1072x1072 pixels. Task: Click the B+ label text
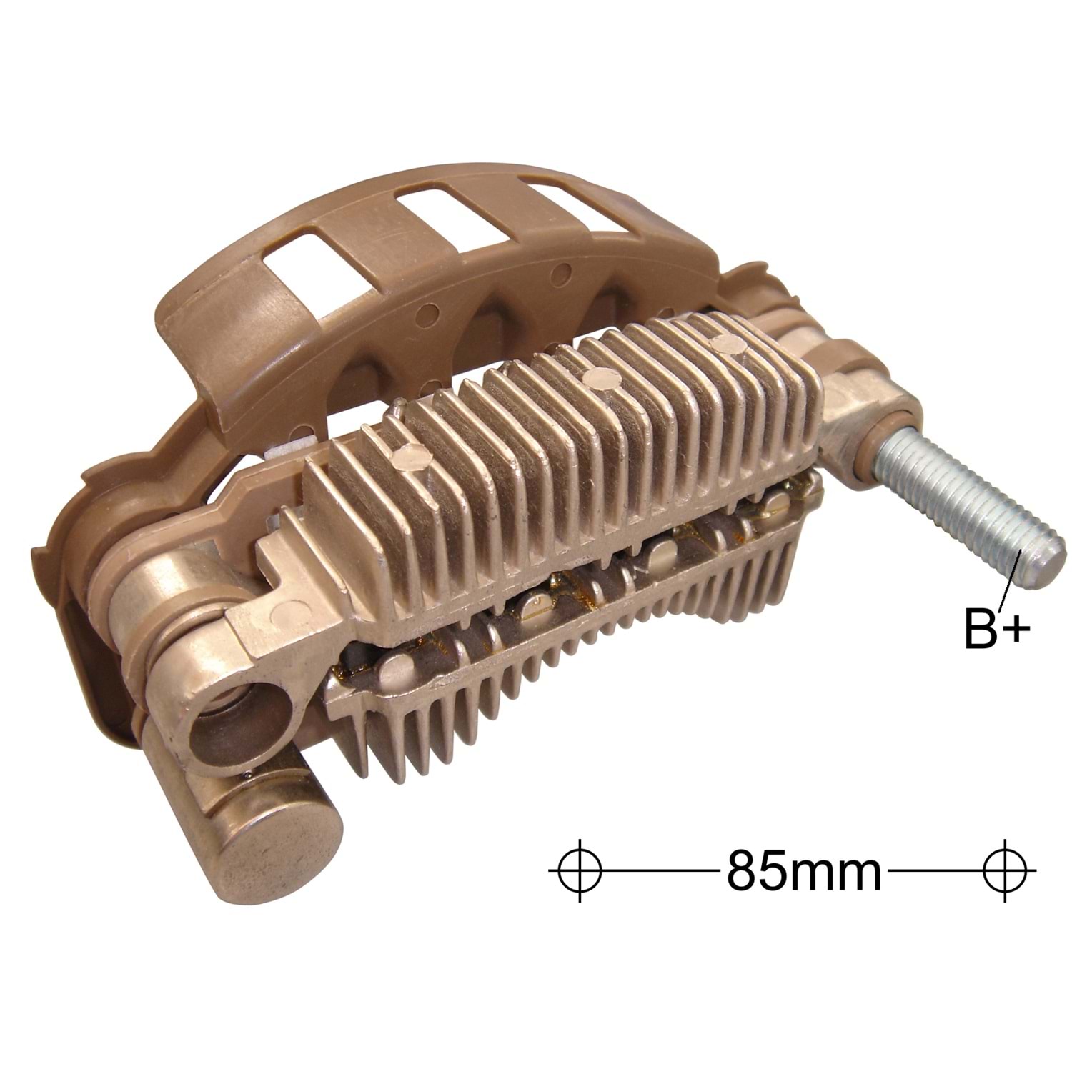(996, 627)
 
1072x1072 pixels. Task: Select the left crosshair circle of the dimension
(579, 870)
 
